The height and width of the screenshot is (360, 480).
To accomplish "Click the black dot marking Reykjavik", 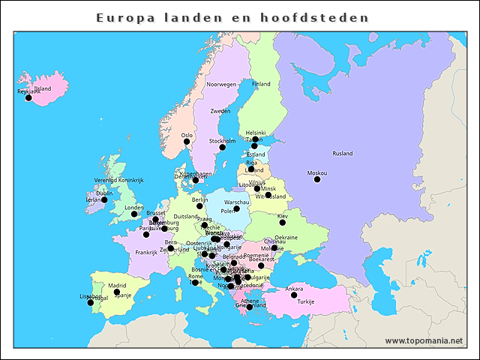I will click(28, 97).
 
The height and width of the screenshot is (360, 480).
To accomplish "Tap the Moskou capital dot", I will click(317, 179).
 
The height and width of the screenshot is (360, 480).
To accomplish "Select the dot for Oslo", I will click(187, 141).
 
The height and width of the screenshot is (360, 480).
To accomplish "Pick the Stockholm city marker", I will click(222, 147).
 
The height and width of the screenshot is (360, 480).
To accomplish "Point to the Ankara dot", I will click(294, 295).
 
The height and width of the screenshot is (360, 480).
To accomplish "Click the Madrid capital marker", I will click(116, 292).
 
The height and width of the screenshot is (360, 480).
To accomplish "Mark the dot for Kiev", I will click(283, 222).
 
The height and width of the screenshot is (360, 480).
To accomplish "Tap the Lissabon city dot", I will click(91, 302).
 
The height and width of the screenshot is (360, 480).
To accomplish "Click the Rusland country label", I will click(342, 154).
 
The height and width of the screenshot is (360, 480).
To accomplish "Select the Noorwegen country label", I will click(221, 85).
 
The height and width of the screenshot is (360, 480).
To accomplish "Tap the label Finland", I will click(261, 85).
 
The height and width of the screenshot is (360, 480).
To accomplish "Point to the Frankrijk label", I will click(146, 253).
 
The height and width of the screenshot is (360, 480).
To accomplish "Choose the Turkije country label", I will click(306, 301).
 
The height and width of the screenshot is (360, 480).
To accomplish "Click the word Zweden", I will click(220, 111).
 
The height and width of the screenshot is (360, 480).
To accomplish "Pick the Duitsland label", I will click(185, 216).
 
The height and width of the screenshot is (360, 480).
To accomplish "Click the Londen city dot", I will click(134, 214).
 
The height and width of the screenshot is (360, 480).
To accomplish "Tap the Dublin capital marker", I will click(103, 199).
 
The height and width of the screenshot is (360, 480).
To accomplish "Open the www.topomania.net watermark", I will click(424, 340).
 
